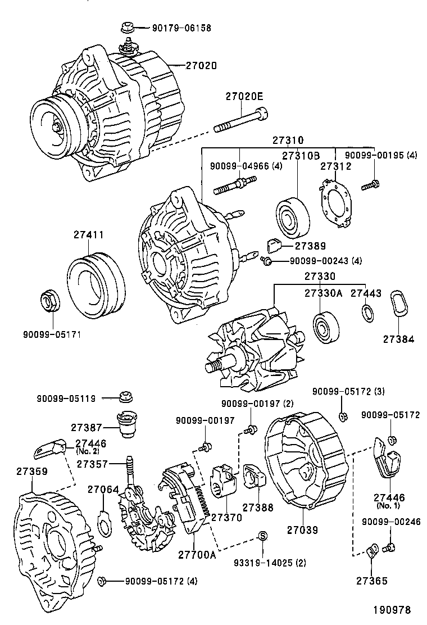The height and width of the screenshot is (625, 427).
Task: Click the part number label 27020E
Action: tap(244, 96)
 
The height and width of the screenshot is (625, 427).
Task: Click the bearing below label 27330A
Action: tap(325, 328)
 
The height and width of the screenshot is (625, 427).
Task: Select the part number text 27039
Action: tap(303, 529)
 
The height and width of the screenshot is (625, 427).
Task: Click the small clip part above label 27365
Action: tap(372, 551)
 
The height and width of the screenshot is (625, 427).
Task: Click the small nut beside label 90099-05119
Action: tap(126, 397)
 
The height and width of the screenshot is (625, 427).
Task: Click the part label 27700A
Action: tap(197, 555)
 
